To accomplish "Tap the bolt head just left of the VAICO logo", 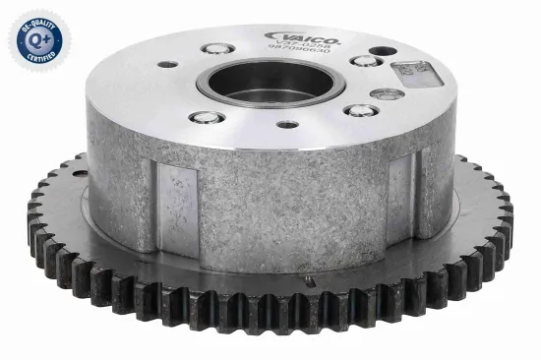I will coord(214,47).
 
